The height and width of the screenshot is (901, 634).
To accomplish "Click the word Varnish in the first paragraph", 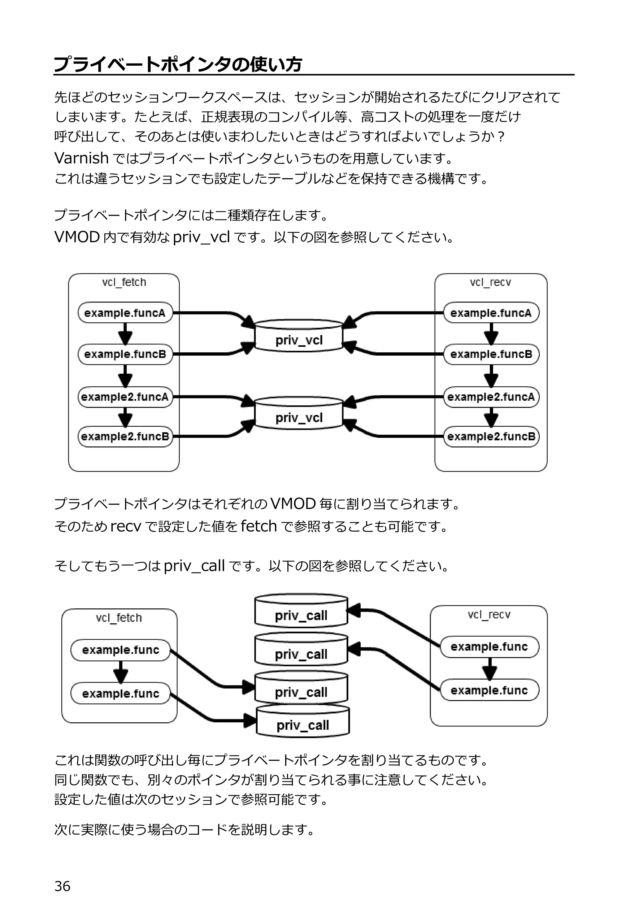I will tap(81, 158).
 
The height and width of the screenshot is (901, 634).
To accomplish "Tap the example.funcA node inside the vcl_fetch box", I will tap(125, 313).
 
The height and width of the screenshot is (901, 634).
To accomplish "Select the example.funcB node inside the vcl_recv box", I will tap(491, 354).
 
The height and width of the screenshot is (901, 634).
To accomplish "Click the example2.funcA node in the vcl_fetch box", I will tap(125, 397).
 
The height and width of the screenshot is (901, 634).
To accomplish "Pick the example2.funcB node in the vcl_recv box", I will tap(491, 436).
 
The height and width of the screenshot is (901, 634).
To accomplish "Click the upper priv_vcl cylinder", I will tap(299, 336).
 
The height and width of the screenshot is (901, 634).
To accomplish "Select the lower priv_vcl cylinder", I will tap(299, 414).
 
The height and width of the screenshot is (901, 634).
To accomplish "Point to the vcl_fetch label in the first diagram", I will tap(124, 282).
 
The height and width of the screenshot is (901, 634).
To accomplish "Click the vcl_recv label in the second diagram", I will tap(489, 615).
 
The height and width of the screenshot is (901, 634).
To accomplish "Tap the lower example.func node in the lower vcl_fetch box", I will tap(120, 694).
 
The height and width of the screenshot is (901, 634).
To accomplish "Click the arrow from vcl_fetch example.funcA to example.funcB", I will tap(125, 333).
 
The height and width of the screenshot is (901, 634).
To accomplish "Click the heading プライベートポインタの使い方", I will tap(178, 64).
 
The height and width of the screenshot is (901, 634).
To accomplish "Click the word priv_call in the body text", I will tap(194, 566).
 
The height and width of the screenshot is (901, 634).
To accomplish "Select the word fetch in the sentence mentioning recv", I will tap(258, 526).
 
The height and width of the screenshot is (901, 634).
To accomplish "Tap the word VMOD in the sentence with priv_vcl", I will tap(77, 237).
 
